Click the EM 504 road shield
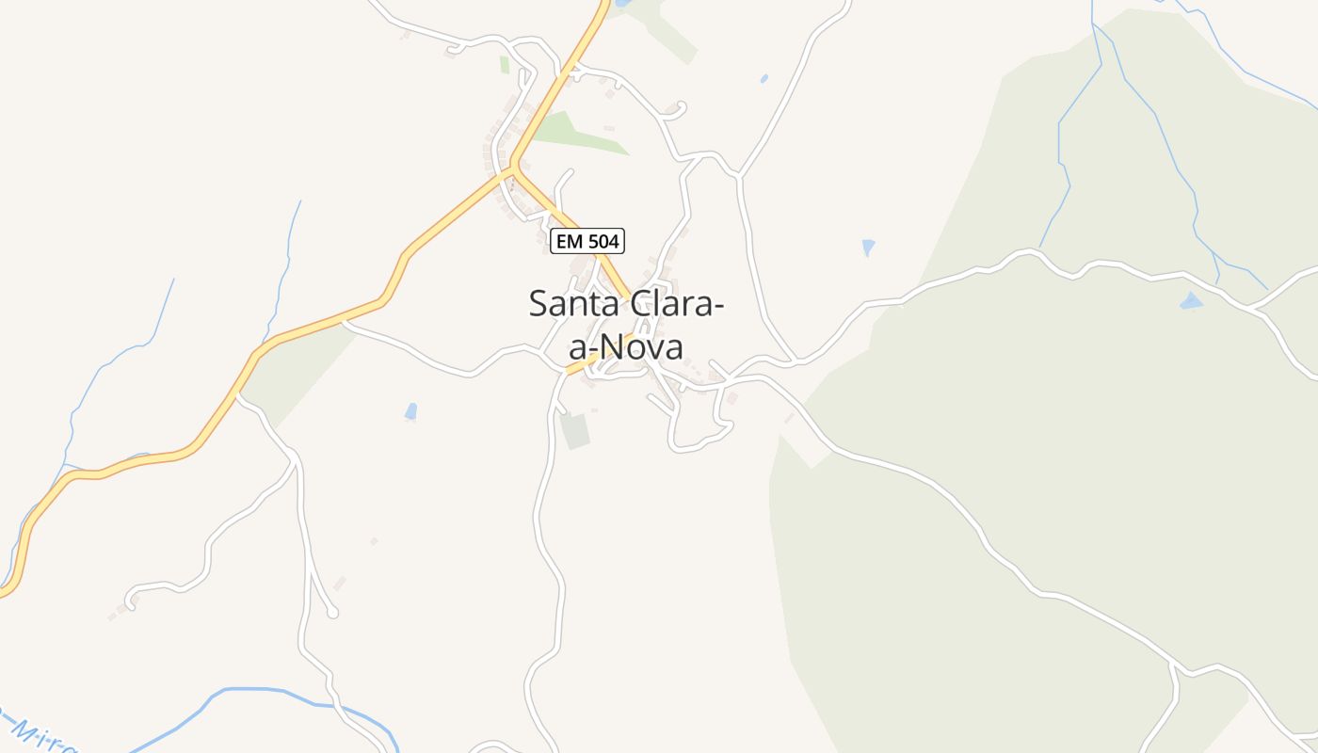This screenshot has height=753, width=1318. click(x=587, y=242)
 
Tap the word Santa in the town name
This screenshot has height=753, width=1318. click(x=570, y=304)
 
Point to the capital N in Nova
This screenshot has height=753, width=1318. click(x=614, y=347)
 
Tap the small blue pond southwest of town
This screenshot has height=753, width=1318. click(x=410, y=411)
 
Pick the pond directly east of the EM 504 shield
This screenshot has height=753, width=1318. click(x=868, y=248)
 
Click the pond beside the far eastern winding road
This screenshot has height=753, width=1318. click(x=1191, y=302)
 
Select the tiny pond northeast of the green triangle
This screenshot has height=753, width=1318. click(x=763, y=79)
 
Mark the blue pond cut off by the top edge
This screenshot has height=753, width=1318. click(x=622, y=4)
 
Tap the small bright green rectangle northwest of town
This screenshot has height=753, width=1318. click(x=505, y=64)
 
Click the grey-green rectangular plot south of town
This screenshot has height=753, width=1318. click(x=574, y=430)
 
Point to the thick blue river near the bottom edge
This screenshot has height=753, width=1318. click(x=282, y=692)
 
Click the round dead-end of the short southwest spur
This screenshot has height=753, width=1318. click(x=332, y=613)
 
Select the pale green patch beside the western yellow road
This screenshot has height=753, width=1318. click(x=292, y=372)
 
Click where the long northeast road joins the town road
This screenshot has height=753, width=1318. click(x=741, y=175)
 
